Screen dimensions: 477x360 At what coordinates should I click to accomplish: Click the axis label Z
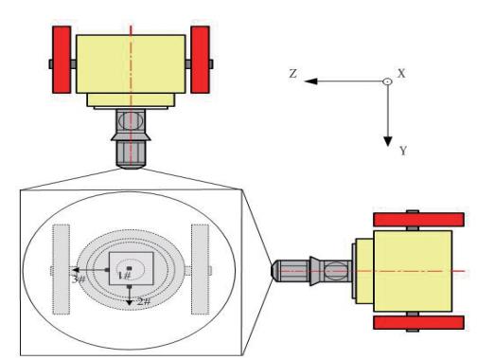click(x=293, y=74)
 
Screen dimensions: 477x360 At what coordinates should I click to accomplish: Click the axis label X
click(x=401, y=73)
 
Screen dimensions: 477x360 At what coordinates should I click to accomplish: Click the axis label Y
click(x=403, y=151)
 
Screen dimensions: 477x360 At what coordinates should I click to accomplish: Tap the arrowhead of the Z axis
click(x=310, y=81)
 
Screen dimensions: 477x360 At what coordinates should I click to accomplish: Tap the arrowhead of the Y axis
click(x=388, y=141)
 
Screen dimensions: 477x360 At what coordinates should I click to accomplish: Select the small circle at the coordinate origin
click(x=387, y=81)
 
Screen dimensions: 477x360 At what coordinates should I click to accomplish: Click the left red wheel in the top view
click(x=62, y=60)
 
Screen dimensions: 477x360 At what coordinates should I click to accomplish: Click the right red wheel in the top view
click(x=200, y=60)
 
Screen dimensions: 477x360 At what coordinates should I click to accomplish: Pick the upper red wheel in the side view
click(x=418, y=220)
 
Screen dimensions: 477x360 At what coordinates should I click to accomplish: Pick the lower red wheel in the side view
click(x=418, y=322)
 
